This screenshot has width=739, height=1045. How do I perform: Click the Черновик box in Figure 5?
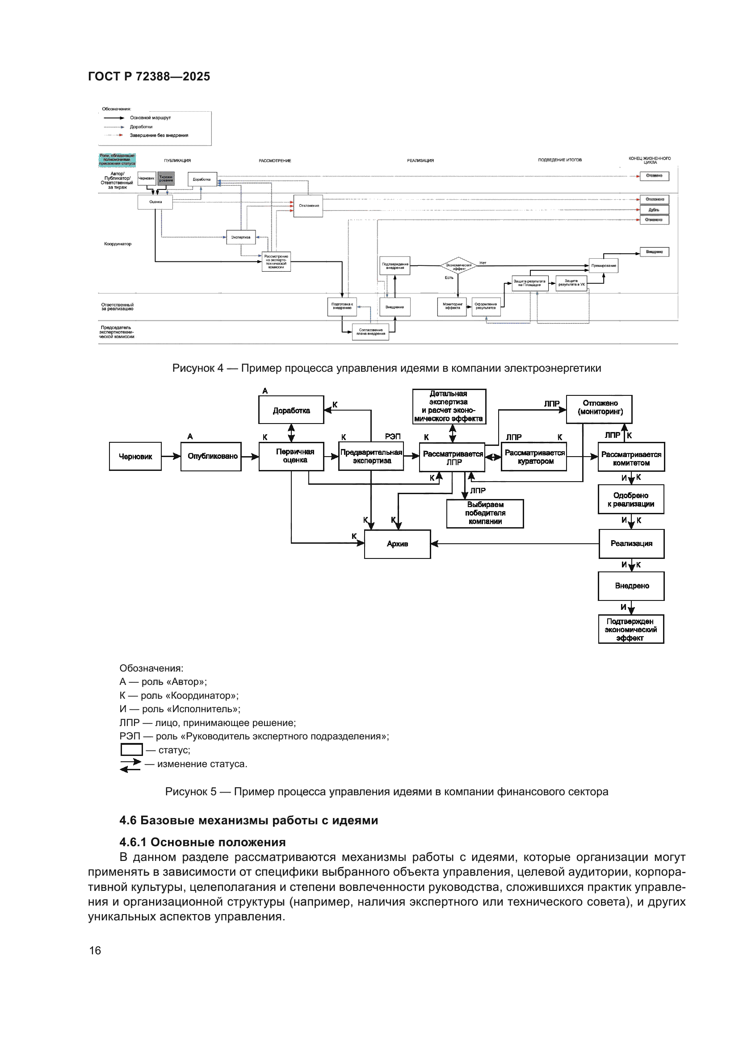pos(135,457)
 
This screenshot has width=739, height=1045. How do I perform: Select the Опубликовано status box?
pos(211,457)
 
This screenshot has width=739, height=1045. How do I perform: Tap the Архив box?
pos(397,544)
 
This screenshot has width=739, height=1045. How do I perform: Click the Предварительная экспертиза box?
pos(371,457)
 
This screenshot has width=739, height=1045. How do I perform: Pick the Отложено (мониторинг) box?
pos(599,408)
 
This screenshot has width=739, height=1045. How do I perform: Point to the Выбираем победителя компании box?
pos(485,513)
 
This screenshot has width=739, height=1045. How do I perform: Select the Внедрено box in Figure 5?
pos(631,586)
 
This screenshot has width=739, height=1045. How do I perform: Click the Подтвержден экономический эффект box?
pos(631,630)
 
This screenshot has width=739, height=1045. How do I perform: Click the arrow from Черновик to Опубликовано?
pos(171,457)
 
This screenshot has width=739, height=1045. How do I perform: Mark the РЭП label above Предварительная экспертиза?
pos(393,436)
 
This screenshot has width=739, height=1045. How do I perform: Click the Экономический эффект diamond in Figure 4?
pos(458,266)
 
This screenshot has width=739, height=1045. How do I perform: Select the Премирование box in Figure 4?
pos(604,265)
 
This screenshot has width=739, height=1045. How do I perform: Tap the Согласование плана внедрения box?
pos(371,332)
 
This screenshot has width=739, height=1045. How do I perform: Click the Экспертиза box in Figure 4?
pos(241,237)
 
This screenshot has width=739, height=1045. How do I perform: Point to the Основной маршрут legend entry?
pos(150,118)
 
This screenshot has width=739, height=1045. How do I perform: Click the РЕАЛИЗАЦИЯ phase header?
pos(420,161)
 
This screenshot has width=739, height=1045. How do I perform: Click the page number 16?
pos(95,951)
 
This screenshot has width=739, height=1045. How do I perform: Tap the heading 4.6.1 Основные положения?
pos(202,842)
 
